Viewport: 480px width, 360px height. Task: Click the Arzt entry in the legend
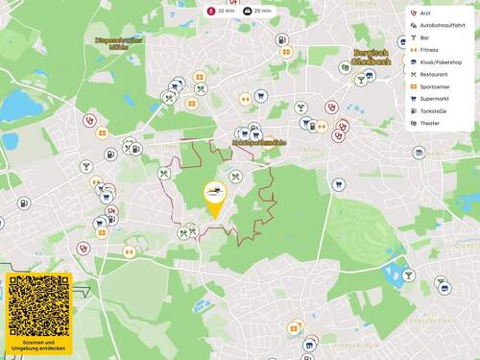(425, 12)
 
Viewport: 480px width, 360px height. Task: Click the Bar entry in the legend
(424, 37)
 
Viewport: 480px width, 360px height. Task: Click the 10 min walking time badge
(221, 11)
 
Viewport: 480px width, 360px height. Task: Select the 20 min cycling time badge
(257, 11)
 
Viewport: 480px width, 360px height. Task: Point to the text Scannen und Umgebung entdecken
(39, 345)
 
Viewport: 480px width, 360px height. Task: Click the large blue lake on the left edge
(17, 103)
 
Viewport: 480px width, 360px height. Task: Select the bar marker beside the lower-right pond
(408, 275)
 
